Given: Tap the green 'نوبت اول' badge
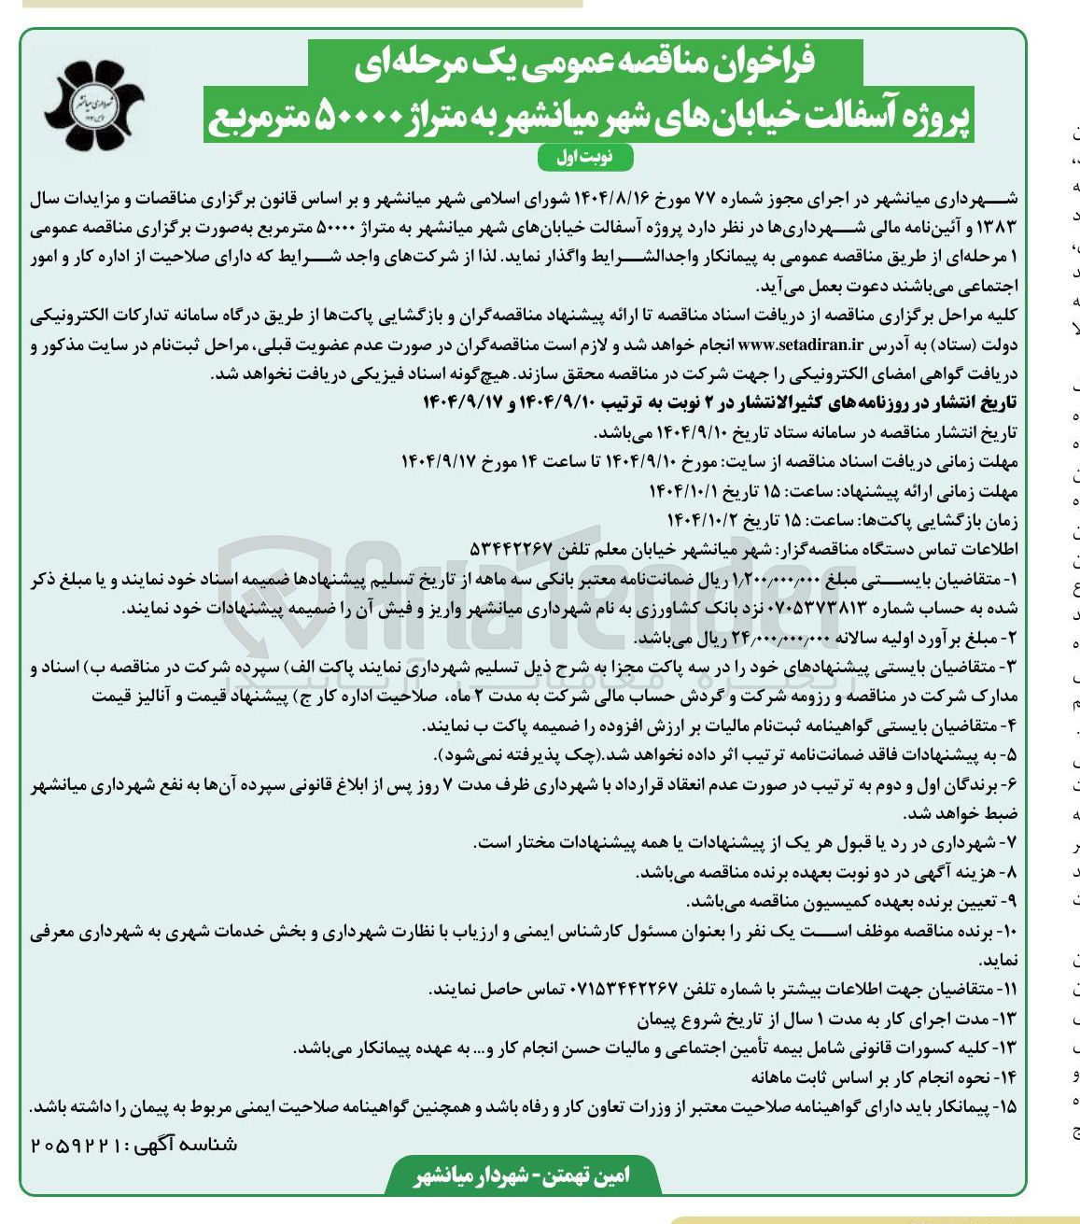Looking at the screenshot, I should [586, 157].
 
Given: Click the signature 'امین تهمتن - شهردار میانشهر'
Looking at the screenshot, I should [522, 1175].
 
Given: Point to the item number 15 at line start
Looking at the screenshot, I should [1006, 1107].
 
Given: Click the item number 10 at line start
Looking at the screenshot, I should [1005, 932].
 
